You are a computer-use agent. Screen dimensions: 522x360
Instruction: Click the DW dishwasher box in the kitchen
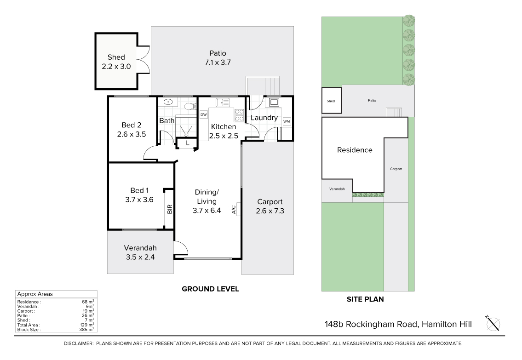pos(203,115)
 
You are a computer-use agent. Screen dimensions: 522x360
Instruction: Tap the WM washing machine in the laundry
pos(287,121)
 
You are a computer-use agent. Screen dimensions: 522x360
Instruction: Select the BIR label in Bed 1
pos(169,209)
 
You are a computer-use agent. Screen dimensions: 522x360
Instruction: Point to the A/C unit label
pos(234,209)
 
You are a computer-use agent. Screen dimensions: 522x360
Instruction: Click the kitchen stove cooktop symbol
pos(239,115)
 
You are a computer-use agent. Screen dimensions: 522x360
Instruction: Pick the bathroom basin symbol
pos(168,102)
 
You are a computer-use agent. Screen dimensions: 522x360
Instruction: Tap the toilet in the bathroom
pos(190,107)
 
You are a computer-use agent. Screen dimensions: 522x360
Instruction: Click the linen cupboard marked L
pos(188,143)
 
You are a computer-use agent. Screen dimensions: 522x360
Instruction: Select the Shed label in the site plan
pos(331,101)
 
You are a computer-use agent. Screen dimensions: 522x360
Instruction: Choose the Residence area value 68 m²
pos(88,302)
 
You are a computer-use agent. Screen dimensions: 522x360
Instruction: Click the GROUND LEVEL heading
pos(210,289)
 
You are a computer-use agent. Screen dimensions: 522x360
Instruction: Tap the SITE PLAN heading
pos(365,299)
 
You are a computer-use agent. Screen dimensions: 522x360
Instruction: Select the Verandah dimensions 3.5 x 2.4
pos(140,257)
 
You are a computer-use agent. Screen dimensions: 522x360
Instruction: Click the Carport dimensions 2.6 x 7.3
pos(270,211)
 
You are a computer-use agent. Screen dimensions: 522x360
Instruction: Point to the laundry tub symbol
pos(274,102)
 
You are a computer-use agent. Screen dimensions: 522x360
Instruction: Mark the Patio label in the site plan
pos(372,100)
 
